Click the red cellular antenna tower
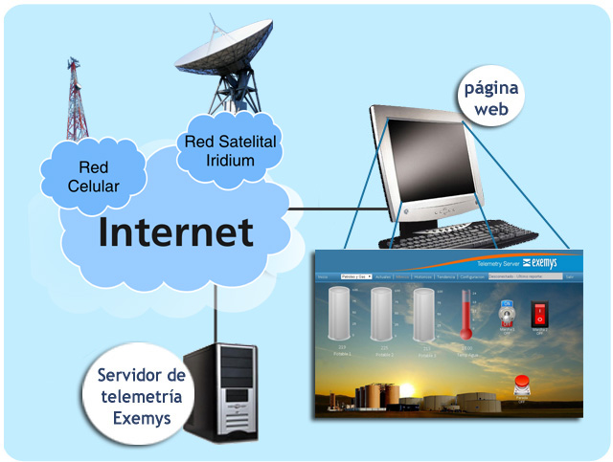(76, 99)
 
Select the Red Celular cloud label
(93, 178)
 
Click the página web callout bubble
(491, 99)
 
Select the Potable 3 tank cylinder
(425, 316)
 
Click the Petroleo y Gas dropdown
(355, 276)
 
